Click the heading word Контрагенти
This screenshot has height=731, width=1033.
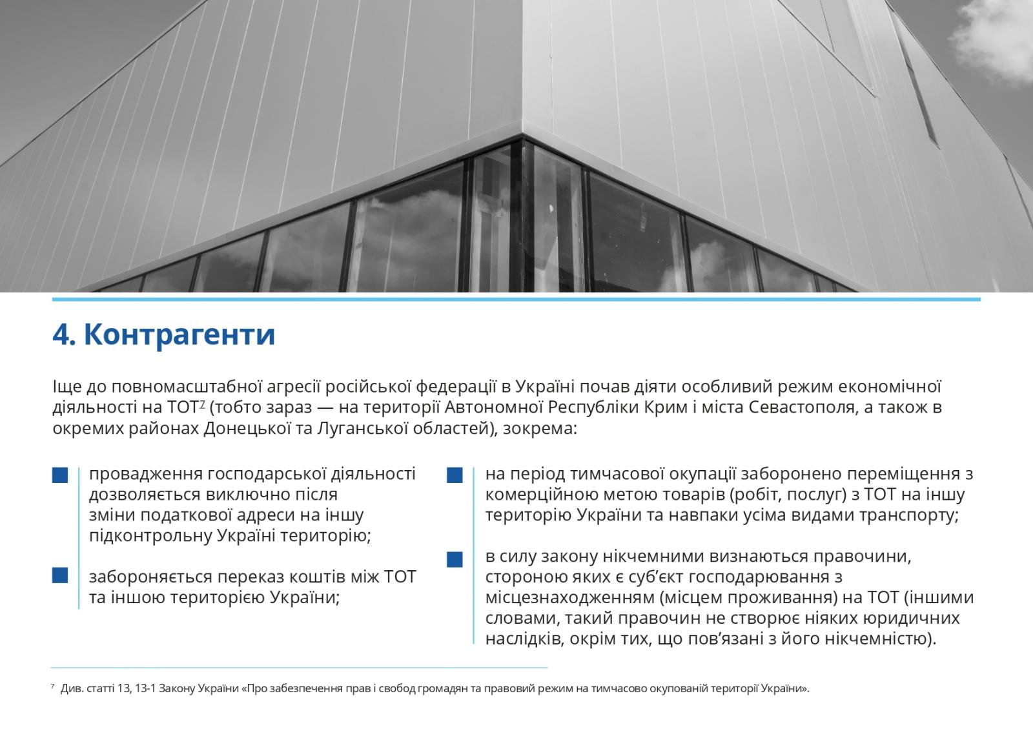point(179,335)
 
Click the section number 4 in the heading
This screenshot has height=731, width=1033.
point(61,335)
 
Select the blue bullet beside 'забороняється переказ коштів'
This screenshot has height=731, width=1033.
point(60,575)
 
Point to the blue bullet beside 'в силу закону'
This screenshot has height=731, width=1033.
point(455,558)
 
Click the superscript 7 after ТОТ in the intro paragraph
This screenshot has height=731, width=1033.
point(203,404)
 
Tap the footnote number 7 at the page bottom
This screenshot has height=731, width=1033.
point(52,687)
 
